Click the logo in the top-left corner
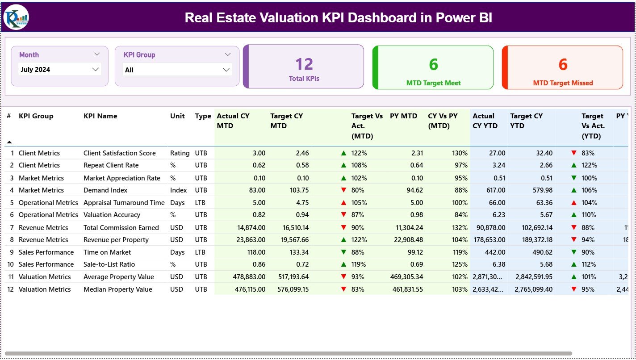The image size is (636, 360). [16, 17]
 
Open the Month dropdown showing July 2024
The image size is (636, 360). [60, 70]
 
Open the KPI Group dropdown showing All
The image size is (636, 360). [177, 70]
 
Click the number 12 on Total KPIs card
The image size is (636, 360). [304, 64]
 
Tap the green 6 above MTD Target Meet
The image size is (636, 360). [433, 65]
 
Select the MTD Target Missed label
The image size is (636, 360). [563, 83]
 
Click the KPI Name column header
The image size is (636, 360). [100, 116]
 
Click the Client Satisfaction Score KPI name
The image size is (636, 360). [119, 153]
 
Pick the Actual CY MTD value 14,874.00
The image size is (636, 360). [249, 228]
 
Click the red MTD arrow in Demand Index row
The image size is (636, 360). [343, 190]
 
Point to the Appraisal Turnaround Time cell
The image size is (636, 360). [124, 203]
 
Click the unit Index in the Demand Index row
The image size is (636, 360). [178, 190]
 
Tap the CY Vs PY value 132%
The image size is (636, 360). [460, 228]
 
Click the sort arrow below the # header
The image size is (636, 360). [9, 142]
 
